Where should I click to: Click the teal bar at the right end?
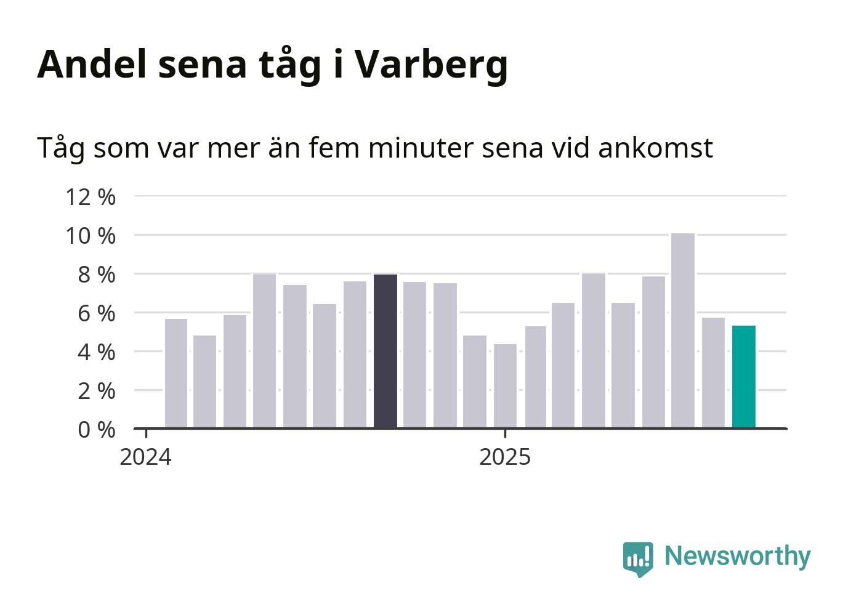pos(743,376)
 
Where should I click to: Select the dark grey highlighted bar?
pos(385,351)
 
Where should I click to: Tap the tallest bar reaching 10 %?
pos(683,330)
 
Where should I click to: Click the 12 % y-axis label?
pos(91,197)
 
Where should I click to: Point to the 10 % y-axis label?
pos(91,236)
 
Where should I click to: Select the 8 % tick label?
pos(97,275)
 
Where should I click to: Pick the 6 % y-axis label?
pos(97,313)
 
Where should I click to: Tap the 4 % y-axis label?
pos(97,352)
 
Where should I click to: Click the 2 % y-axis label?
pos(97,391)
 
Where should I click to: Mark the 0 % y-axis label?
pos(97,430)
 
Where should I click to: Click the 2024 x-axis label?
pos(146,457)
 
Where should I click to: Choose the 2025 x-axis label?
pos(505,457)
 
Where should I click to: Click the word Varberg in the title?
pos(430,64)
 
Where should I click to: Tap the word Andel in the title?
pos(93,64)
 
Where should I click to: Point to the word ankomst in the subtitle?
pos(655,148)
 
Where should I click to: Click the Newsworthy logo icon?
pos(637,558)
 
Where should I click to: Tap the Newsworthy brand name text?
pos(738,556)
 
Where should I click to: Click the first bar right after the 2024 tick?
pos(176,373)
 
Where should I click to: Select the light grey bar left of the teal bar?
pos(713,372)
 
